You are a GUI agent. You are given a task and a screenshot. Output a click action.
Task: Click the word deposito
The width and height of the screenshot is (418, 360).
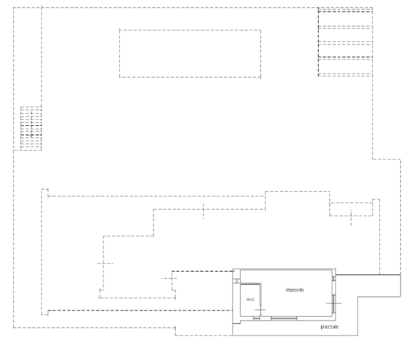[x=294, y=290]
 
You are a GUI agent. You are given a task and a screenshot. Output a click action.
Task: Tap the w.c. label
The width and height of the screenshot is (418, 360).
[x=250, y=299]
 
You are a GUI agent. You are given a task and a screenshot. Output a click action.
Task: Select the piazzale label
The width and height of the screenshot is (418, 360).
[x=329, y=327]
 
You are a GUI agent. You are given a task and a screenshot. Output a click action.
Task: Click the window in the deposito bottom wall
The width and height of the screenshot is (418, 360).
[x=284, y=318]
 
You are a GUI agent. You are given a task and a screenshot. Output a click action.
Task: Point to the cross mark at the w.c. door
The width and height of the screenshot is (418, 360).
[x=260, y=310]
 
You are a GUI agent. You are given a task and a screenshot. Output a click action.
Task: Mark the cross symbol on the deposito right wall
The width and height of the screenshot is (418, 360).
[x=334, y=303]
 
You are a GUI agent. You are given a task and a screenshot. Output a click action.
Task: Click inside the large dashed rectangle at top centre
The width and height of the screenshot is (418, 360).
[x=190, y=53]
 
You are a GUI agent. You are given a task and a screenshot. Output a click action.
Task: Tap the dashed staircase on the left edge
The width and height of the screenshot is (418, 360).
[x=31, y=128]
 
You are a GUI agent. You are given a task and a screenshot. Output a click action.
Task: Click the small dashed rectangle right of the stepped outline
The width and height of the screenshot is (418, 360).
[x=351, y=209]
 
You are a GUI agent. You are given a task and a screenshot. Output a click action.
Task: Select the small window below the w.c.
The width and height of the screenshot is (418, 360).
[x=256, y=318]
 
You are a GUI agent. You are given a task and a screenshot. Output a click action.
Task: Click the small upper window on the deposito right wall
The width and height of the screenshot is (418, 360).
[x=334, y=278]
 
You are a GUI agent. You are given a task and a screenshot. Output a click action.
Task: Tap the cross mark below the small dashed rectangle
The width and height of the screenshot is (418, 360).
[x=351, y=218]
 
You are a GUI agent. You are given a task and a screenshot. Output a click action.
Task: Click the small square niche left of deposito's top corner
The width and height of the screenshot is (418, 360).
[x=236, y=281]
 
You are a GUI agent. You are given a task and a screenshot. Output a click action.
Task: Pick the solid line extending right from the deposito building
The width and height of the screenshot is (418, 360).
[x=368, y=275]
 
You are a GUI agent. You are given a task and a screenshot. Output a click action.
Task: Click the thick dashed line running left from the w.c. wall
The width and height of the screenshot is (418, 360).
[x=140, y=311]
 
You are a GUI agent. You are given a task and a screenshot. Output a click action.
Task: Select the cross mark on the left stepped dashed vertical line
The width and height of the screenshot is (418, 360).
[x=104, y=263]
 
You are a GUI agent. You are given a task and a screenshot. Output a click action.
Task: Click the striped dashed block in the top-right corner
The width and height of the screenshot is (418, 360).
[x=345, y=42]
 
